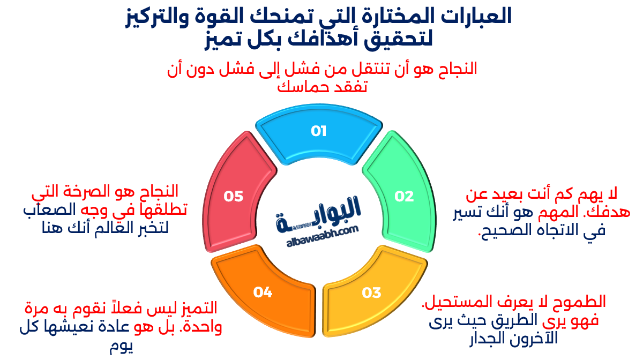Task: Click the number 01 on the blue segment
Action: (318, 131)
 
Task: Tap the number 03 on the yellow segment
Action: (371, 292)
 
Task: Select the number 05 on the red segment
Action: (234, 197)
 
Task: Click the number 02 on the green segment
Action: (405, 197)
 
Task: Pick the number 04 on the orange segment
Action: (263, 292)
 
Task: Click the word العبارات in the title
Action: (476, 16)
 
